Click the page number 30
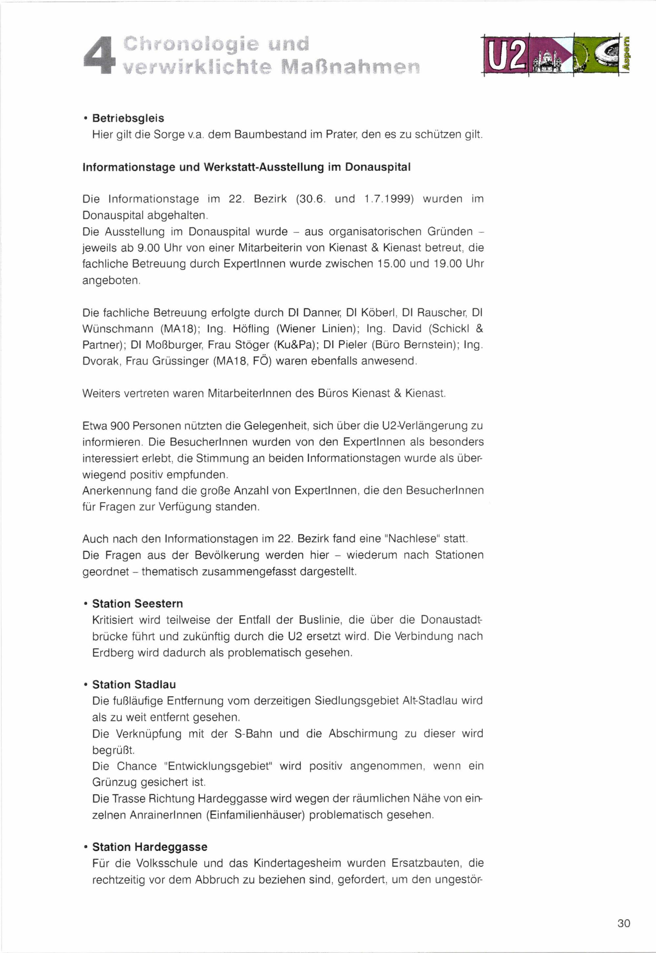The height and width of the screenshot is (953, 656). (x=623, y=923)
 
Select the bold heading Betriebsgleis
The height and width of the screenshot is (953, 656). (x=128, y=118)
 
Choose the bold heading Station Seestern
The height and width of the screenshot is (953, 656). (x=137, y=604)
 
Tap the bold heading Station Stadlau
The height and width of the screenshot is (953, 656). (x=134, y=685)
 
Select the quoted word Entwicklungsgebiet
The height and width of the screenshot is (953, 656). (x=218, y=766)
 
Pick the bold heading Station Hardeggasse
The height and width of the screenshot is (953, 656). (x=150, y=847)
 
